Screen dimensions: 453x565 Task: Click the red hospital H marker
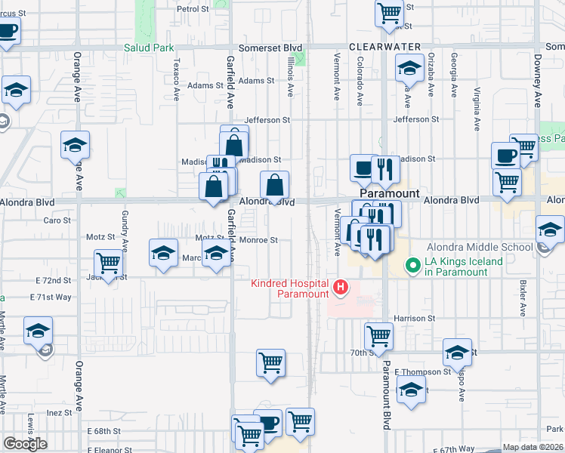click(x=341, y=288)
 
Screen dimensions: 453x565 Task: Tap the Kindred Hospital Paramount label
click(x=291, y=288)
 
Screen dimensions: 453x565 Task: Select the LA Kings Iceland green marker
click(x=413, y=265)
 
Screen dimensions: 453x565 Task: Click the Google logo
click(x=25, y=444)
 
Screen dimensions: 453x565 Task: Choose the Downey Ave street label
click(x=539, y=89)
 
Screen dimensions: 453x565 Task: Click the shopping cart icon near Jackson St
click(x=109, y=263)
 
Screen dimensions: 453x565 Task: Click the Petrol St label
click(x=192, y=9)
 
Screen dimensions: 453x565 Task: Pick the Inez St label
click(x=58, y=413)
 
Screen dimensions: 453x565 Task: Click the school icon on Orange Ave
click(x=75, y=144)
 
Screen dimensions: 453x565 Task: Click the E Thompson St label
click(x=425, y=371)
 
